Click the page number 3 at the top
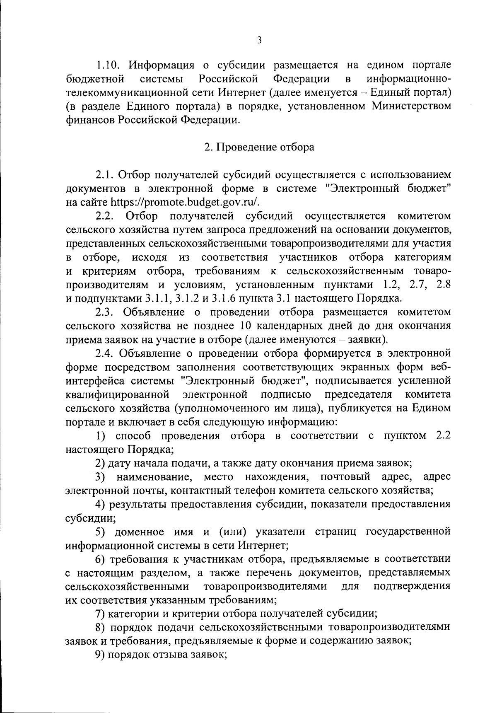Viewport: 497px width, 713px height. pyautogui.click(x=259, y=40)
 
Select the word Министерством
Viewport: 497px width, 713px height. pyautogui.click(x=411, y=106)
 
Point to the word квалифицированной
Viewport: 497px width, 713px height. pyautogui.click(x=118, y=394)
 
